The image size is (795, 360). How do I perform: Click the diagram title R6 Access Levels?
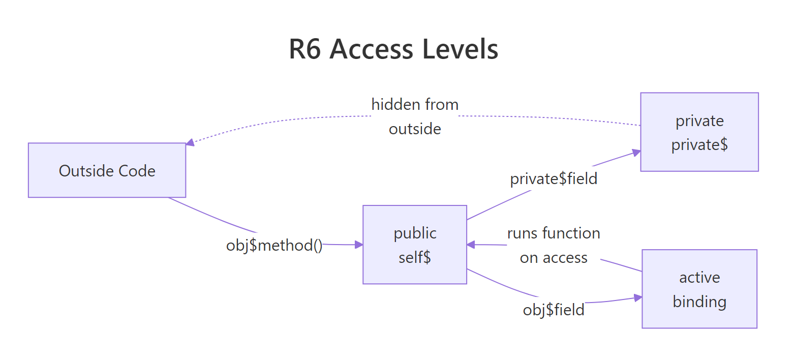393,50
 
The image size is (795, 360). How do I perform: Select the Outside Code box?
107,170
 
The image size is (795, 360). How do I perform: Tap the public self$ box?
415,245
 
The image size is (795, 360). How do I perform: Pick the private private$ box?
699,132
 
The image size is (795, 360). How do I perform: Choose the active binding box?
699,289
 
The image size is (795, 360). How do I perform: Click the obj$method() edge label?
274,246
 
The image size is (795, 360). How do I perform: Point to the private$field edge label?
554,179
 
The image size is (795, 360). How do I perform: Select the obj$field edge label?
554,309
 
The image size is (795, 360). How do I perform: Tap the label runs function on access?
554,246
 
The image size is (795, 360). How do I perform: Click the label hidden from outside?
415,116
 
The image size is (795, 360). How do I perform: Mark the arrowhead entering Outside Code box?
190,143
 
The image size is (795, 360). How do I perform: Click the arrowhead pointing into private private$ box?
636,152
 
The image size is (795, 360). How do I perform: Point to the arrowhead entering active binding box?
638,297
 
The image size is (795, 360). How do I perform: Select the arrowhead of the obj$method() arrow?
359,245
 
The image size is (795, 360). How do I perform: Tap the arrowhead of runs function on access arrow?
471,245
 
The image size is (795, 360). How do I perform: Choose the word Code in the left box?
137,170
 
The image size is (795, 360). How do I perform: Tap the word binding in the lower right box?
699,302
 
